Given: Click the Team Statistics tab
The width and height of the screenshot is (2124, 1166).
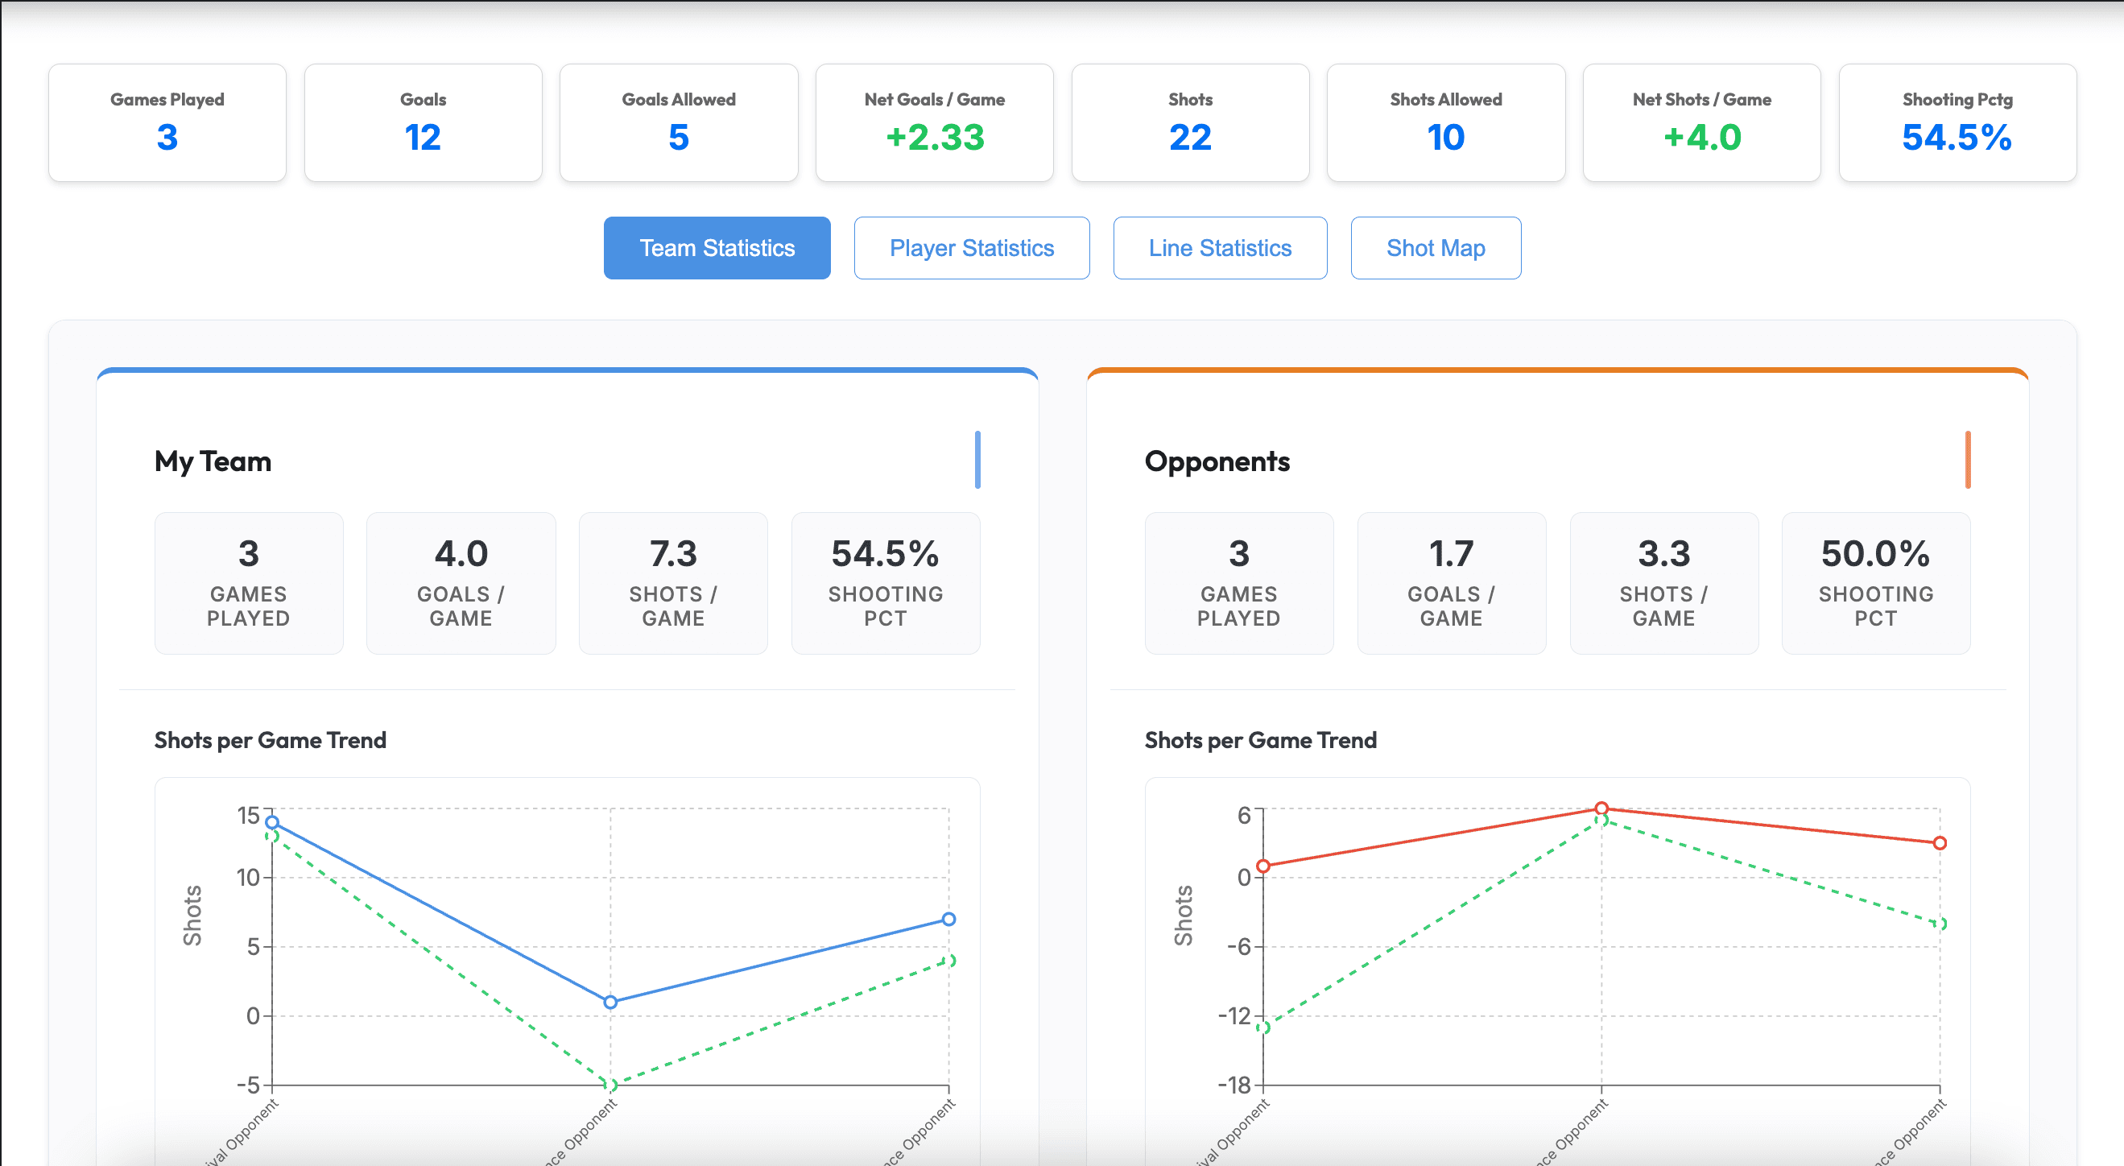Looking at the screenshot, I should (717, 248).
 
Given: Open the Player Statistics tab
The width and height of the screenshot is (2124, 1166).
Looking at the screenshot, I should (971, 248).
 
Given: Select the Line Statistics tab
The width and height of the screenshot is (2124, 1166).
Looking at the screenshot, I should (1220, 248).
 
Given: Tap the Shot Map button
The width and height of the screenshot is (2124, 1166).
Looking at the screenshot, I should (1436, 248).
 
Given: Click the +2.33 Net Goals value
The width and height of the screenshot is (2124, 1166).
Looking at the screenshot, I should (934, 137).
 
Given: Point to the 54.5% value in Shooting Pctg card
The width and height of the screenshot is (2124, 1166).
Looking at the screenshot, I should (1957, 137).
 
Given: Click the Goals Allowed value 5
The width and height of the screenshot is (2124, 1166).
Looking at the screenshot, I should (678, 137).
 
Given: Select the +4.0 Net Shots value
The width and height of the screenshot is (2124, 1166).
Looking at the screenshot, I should (1701, 137).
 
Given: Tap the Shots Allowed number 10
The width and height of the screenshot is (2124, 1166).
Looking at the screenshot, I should (1445, 137).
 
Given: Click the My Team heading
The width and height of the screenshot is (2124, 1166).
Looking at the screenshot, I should (213, 461).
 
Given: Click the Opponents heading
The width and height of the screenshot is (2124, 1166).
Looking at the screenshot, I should (1217, 461).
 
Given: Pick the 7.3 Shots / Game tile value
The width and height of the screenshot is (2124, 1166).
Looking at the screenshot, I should (673, 553).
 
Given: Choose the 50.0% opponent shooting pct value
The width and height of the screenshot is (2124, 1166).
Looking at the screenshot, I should (1875, 553).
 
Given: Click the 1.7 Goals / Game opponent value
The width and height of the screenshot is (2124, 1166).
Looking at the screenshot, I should (1450, 553).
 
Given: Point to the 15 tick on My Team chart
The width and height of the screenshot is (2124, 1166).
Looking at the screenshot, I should (248, 816).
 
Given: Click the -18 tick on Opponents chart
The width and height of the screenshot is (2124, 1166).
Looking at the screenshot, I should (1234, 1085).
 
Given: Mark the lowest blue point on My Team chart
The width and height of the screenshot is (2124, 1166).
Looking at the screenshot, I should (610, 1002).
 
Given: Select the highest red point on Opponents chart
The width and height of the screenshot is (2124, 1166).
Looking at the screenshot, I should (1601, 808).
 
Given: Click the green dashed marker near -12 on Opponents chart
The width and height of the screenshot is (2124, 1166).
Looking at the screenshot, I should (1262, 1027).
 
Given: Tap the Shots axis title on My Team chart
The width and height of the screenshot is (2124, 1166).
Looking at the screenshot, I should (192, 916).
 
